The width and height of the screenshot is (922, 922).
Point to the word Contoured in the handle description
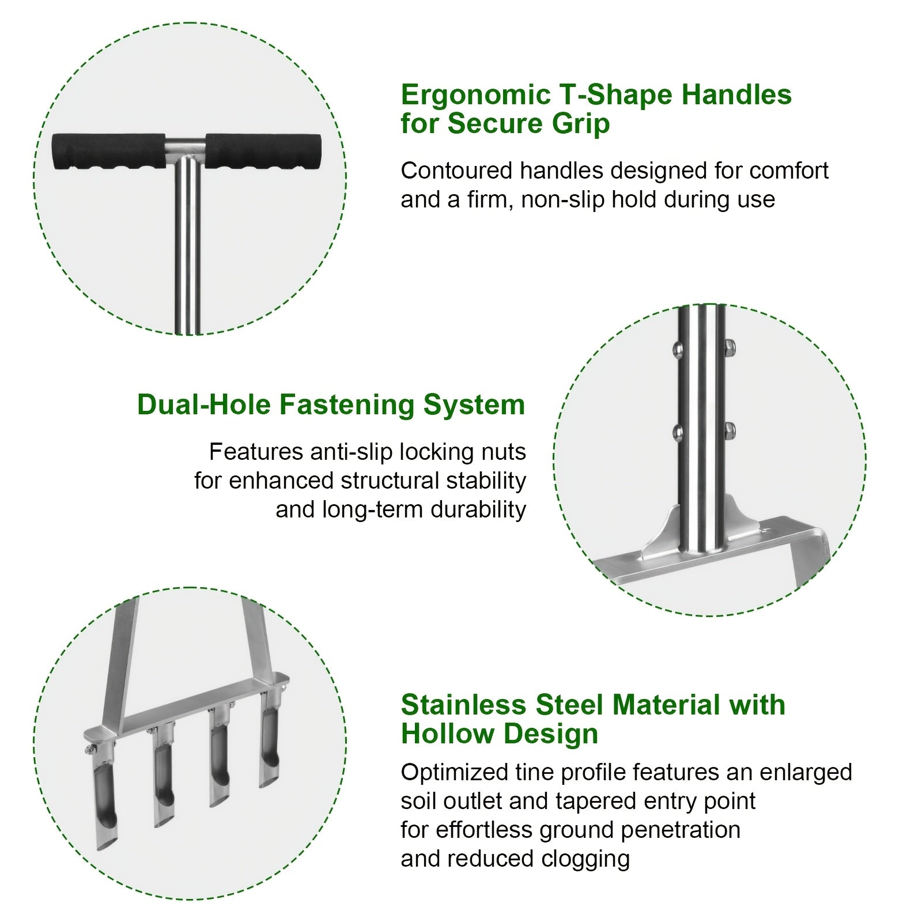click(456, 171)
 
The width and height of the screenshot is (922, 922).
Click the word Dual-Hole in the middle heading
click(203, 405)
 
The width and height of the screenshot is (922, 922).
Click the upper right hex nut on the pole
click(728, 348)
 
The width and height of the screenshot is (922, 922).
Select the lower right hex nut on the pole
click(729, 430)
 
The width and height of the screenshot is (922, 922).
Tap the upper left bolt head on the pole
click(678, 349)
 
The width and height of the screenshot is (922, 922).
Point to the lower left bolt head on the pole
click(678, 432)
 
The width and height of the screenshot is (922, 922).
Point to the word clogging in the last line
click(585, 859)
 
